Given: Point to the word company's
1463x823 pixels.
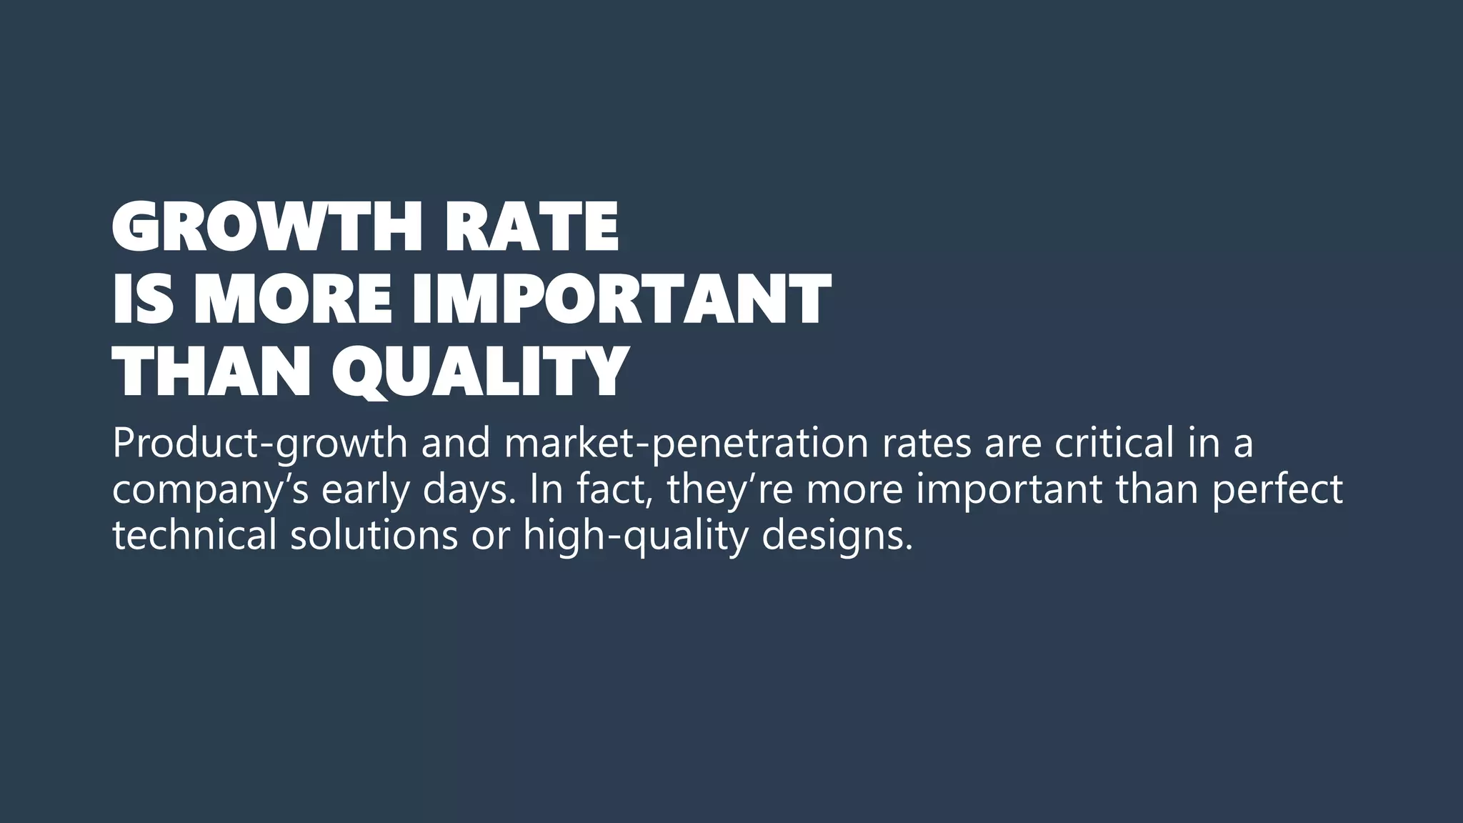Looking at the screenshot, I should click(x=211, y=490).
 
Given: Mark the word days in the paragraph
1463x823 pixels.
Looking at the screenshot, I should click(x=467, y=490).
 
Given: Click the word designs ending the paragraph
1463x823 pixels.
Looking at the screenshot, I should click(x=837, y=537).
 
